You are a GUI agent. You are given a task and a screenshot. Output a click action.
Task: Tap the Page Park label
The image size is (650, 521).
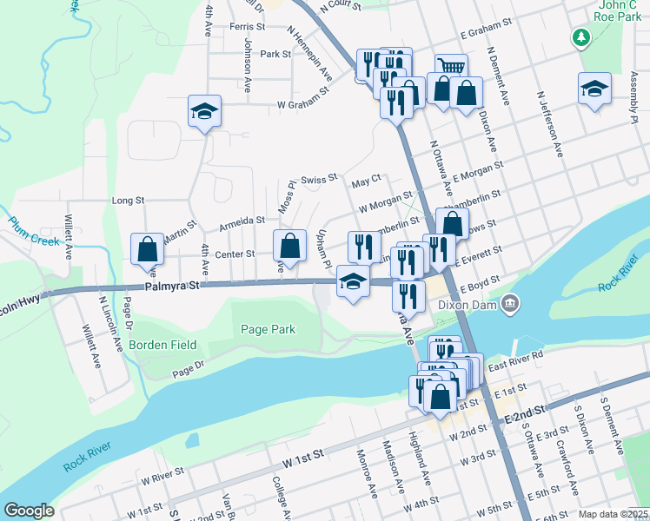pos(269,329)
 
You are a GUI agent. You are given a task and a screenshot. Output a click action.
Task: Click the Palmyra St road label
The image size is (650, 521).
pos(173,285)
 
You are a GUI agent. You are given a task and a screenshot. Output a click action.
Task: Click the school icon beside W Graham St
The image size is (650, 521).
pos(204,111)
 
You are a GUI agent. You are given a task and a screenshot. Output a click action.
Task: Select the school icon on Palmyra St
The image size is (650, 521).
pos(352,281)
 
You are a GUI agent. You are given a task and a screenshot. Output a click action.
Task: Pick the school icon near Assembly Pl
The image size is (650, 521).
pos(594,89)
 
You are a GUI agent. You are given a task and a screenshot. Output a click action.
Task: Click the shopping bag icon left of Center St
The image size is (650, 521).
pos(147,248)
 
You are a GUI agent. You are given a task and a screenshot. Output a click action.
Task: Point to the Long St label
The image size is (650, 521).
pos(129,201)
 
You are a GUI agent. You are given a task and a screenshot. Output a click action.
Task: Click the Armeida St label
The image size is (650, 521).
pos(242,221)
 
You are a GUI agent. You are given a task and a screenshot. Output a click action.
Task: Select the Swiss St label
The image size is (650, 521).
pos(318,180)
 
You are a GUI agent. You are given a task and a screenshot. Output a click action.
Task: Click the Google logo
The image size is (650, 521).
pos(29,510)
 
